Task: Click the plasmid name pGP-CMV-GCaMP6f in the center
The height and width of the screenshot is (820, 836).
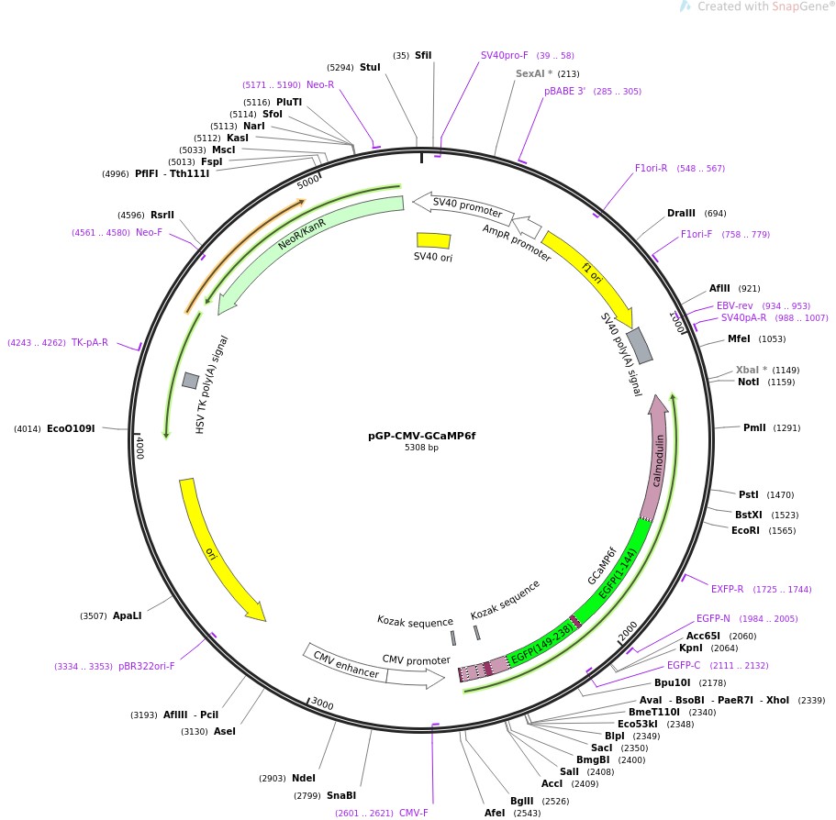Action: [x=415, y=436]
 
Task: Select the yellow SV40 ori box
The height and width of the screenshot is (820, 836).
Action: [x=433, y=240]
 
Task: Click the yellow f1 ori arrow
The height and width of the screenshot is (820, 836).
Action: [x=587, y=273]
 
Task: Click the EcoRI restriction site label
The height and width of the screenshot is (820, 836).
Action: [x=745, y=530]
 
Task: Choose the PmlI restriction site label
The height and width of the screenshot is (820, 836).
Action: [x=753, y=427]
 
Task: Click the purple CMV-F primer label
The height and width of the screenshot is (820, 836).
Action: [x=414, y=813]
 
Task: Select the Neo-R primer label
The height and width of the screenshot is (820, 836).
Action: [x=320, y=84]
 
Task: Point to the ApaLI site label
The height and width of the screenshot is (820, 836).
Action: [x=127, y=615]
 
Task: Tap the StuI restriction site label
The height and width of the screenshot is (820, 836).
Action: [x=370, y=67]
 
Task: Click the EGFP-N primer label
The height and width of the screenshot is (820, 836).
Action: [x=713, y=618]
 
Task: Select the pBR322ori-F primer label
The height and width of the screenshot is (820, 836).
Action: [x=146, y=666]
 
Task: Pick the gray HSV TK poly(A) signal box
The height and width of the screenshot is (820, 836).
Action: [x=191, y=380]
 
